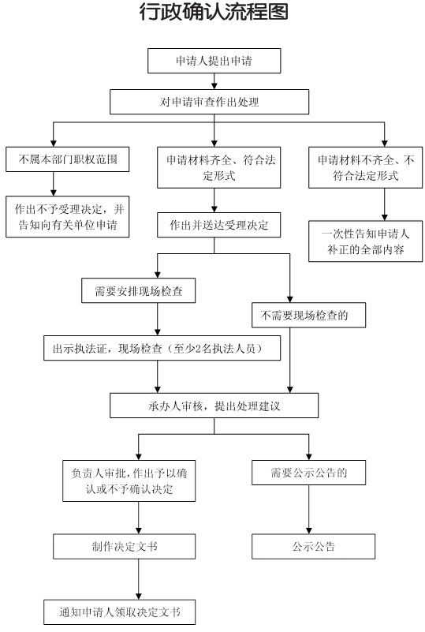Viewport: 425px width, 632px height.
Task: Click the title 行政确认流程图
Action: tap(214, 12)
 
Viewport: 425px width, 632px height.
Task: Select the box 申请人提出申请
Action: tap(214, 61)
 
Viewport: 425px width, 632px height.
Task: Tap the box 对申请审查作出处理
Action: tap(210, 102)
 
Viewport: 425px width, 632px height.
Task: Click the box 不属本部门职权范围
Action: tap(68, 159)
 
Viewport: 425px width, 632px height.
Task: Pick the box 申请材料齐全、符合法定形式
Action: tap(218, 168)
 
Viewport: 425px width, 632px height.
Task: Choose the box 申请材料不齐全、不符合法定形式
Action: tap(365, 168)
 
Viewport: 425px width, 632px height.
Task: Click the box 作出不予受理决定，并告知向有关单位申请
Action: tap(68, 216)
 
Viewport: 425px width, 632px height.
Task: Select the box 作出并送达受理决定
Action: tap(218, 225)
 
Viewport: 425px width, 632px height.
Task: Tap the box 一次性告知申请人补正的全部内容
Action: tap(365, 241)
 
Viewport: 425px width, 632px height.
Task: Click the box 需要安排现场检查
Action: tap(139, 290)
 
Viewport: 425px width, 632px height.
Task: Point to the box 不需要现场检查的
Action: tap(308, 315)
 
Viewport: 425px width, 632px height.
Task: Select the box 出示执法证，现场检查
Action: tap(162, 348)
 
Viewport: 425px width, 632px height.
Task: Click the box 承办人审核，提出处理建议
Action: tap(214, 406)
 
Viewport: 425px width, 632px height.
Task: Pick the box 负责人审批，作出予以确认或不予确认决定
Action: tap(129, 481)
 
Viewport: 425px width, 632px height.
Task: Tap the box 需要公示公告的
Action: tap(308, 473)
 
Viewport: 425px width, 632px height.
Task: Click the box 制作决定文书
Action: tap(124, 547)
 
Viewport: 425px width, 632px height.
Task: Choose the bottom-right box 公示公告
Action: tap(313, 547)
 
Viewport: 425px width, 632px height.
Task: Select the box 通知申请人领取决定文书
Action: tap(120, 612)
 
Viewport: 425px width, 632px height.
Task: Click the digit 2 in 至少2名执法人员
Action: tap(198, 349)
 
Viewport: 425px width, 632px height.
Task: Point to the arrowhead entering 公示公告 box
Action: tap(309, 530)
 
